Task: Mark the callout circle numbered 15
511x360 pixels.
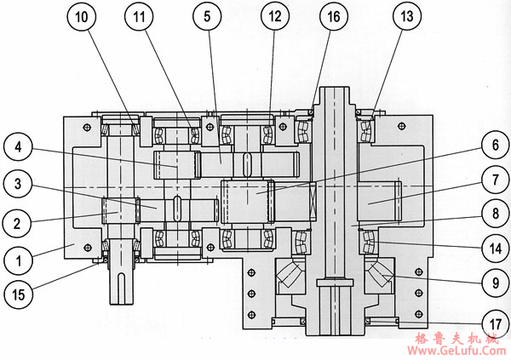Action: pyautogui.click(x=20, y=294)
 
